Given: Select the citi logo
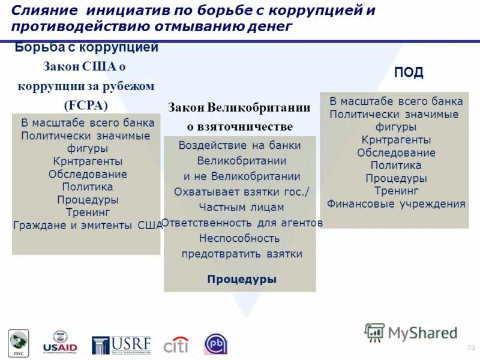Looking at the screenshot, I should [176, 345].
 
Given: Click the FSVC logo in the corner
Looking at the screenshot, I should [17, 344].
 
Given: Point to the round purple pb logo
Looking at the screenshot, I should [216, 344].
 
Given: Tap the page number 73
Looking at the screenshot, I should [470, 348].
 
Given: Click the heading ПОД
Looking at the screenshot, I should [409, 73].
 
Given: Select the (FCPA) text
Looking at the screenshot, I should [87, 105].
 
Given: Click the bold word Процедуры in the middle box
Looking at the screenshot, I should [242, 279].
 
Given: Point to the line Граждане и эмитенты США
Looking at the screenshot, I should [88, 226].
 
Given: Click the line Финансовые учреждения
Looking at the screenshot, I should [396, 204].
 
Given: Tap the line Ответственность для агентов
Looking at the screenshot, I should [242, 223].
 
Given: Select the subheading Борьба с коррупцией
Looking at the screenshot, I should [86, 47].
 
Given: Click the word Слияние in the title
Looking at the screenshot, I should [44, 11].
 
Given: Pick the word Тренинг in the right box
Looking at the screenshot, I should [396, 191].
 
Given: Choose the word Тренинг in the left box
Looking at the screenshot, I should [88, 212].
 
